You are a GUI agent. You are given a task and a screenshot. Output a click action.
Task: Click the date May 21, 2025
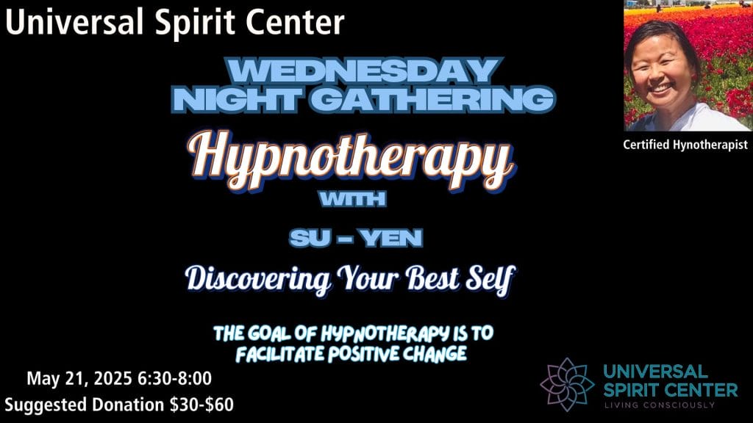pyautogui.click(x=79, y=379)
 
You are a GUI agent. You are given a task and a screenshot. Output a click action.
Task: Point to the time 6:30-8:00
pyautogui.click(x=175, y=378)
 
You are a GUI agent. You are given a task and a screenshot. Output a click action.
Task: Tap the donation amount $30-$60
pyautogui.click(x=201, y=405)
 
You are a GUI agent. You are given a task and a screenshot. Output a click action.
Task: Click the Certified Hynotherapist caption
pyautogui.click(x=685, y=145)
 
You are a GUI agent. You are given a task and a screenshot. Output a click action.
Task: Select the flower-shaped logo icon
pyautogui.click(x=567, y=384)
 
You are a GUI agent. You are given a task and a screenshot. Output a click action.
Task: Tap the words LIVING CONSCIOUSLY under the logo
pyautogui.click(x=660, y=405)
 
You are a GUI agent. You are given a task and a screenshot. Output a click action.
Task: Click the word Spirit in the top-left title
pyautogui.click(x=193, y=23)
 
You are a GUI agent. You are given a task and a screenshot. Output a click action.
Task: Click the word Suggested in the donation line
pyautogui.click(x=46, y=405)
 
